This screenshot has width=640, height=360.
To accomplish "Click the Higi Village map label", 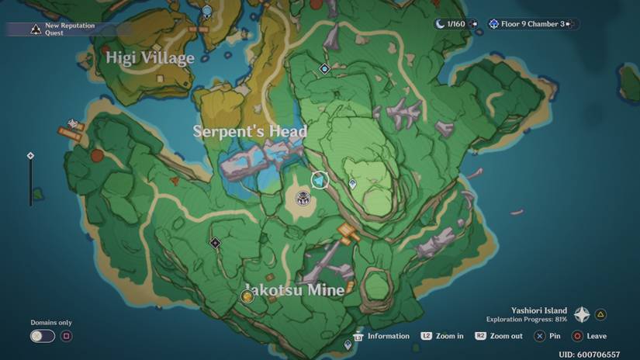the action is pos(150,58).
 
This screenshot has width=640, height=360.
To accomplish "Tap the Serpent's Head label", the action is pos(250,131).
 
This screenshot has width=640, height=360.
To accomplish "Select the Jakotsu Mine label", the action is pos(294,290).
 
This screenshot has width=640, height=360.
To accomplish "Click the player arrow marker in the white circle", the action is pos(320,180).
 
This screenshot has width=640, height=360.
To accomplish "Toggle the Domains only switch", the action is pos(42,336).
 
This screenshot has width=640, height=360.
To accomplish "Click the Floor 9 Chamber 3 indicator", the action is pos(532,24).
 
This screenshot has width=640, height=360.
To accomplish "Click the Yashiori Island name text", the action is pos(538,310).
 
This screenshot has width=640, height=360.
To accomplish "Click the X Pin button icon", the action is pos(540,336).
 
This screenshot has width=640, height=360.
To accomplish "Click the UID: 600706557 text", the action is pos(589,354).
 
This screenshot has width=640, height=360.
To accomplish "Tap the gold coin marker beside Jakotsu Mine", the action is pos(247,296).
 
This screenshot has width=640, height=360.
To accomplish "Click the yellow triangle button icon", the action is pos(600,314).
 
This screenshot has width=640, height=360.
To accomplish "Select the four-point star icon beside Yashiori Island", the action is pos(581,314).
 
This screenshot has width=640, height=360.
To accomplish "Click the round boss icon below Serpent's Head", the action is pos(303,199).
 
